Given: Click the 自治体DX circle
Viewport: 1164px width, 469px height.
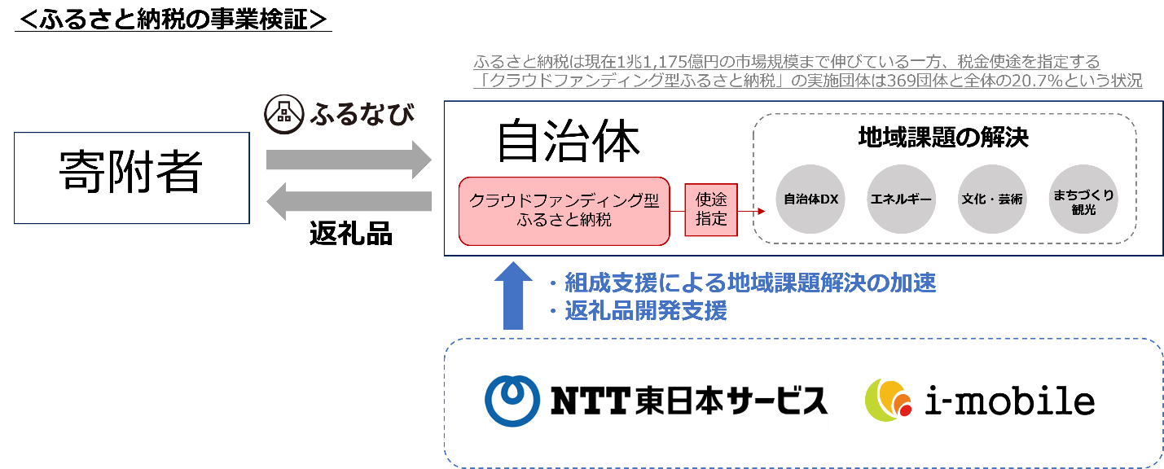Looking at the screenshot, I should (810, 199).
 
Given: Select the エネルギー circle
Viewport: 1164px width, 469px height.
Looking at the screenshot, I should (902, 199).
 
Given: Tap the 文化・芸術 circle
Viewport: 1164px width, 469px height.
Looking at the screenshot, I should (993, 199).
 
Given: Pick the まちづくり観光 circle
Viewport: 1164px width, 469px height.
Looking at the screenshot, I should (1083, 199).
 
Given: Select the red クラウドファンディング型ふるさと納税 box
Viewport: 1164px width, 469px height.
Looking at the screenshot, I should (564, 210).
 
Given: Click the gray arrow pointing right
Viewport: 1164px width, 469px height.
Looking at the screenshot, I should (349, 160).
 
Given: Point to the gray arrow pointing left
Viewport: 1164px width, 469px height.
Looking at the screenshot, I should (349, 201).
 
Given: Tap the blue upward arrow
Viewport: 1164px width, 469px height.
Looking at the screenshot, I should (513, 296).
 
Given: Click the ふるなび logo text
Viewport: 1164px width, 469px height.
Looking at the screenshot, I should (361, 116).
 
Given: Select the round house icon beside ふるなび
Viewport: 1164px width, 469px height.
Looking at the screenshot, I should (283, 116).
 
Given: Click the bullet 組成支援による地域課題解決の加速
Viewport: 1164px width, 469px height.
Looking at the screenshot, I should (749, 283).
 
